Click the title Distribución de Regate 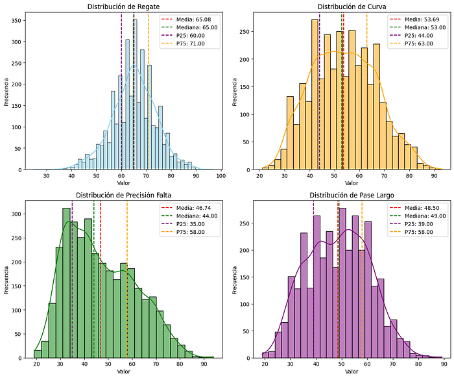point(124,6)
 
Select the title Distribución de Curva point(352,6)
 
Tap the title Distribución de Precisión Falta point(124,195)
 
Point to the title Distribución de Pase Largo point(352,195)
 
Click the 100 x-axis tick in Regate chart point(221,175)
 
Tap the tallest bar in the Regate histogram point(135,95)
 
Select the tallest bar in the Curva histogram point(315,95)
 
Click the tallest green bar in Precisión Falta point(67,283)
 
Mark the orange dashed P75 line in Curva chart point(367,91)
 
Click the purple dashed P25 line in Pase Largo point(313,279)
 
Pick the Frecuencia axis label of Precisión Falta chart point(6,280)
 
